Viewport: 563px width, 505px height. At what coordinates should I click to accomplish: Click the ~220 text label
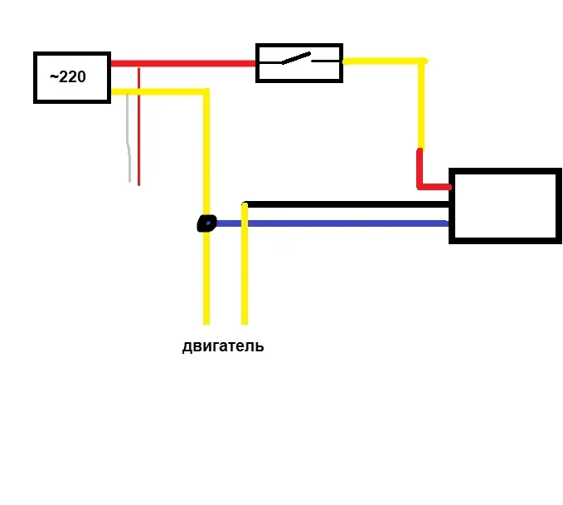coord(68,76)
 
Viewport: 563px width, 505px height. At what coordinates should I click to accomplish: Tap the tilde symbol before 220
coord(54,76)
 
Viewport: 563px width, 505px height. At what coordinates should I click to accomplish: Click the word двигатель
coord(223,346)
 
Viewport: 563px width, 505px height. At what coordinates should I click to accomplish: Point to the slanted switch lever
coord(296,58)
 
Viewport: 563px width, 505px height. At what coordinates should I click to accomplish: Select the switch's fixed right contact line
coord(325,61)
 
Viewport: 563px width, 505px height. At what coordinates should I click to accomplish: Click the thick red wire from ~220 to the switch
coord(183,64)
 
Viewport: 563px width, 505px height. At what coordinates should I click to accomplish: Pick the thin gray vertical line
coord(129,138)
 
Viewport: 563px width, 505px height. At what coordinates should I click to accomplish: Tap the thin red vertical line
coord(139,126)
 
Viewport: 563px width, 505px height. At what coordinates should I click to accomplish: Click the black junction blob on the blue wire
coord(206,223)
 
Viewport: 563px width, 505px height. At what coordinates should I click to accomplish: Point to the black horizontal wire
coord(347,204)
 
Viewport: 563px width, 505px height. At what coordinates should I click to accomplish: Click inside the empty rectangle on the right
coord(505,206)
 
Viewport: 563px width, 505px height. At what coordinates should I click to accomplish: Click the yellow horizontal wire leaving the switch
coord(385,61)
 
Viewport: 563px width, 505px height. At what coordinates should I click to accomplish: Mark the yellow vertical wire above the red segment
coord(421,105)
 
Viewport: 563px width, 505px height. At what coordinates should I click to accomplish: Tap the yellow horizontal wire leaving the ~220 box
coord(160,92)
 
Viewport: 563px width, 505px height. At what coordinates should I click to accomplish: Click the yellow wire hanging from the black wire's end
coord(245,263)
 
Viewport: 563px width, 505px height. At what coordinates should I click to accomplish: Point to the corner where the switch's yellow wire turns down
coord(422,61)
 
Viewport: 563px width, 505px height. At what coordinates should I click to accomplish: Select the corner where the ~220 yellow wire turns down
coord(206,92)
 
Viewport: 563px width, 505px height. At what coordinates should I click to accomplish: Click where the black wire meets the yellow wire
coord(245,204)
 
